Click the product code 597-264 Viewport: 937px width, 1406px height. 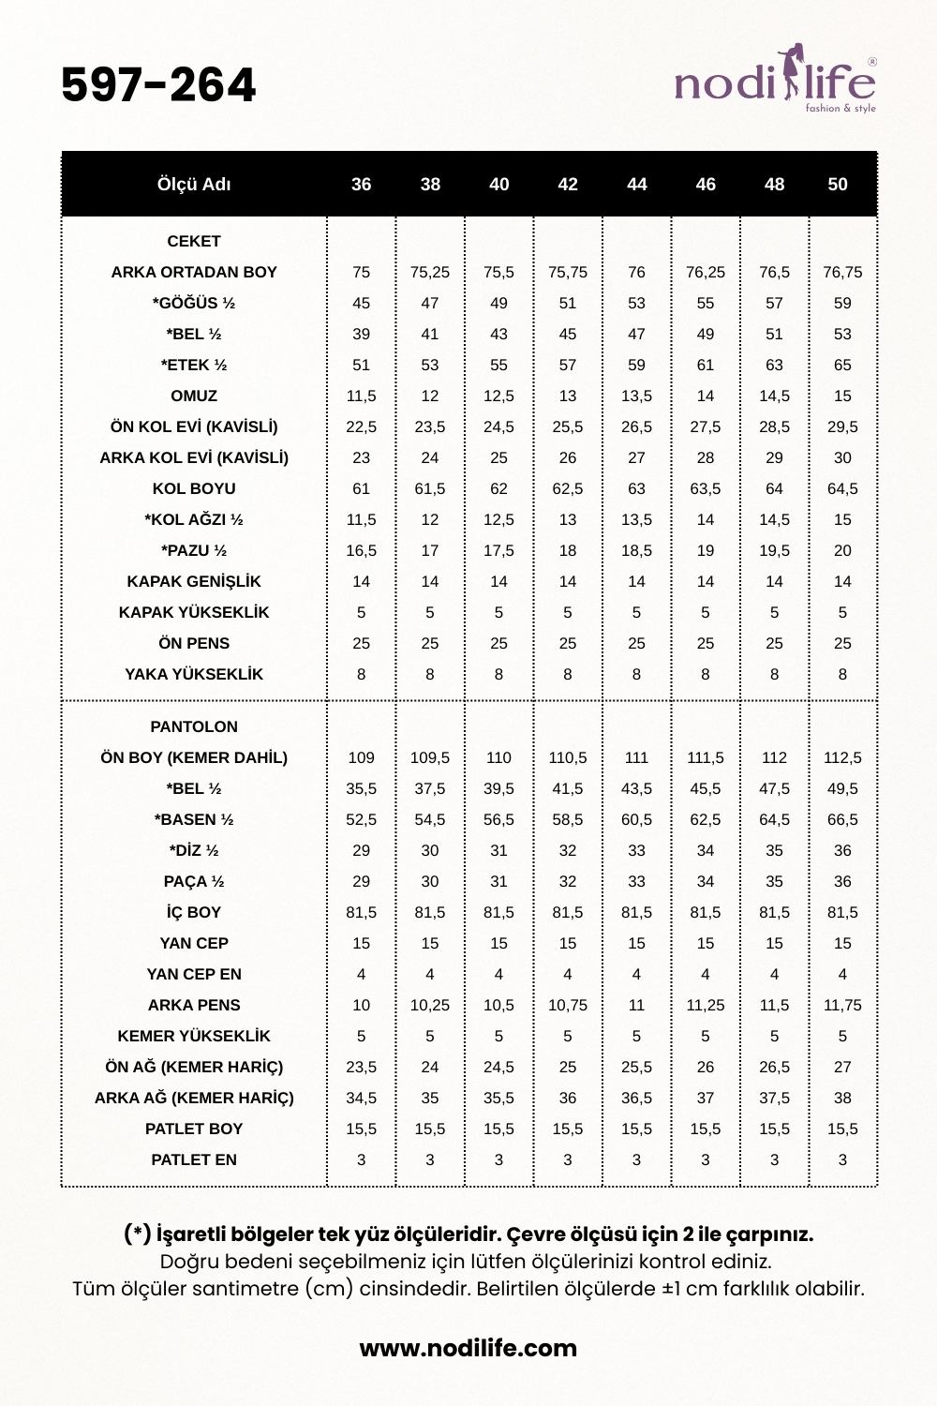[158, 85]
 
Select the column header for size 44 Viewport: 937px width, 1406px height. [636, 185]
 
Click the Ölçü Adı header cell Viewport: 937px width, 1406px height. [194, 185]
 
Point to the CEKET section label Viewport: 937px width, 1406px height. [194, 241]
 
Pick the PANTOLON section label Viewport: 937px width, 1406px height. [194, 726]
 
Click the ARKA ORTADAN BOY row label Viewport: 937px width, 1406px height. [194, 272]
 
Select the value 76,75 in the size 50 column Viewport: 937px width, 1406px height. [842, 272]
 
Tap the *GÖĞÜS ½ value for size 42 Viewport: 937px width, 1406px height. [568, 303]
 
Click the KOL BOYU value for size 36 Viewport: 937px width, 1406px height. [361, 488]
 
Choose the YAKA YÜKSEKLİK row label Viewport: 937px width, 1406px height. [194, 674]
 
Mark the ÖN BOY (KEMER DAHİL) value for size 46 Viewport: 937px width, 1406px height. [706, 757]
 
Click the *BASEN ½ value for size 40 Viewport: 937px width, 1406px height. [498, 819]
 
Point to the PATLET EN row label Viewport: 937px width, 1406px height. [194, 1159]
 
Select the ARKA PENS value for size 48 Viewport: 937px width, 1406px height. [774, 1005]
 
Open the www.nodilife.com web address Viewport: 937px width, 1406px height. [468, 1348]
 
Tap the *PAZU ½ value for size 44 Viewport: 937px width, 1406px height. [636, 550]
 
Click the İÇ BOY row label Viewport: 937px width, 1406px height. [194, 912]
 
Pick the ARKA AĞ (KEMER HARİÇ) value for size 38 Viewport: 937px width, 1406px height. [430, 1098]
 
